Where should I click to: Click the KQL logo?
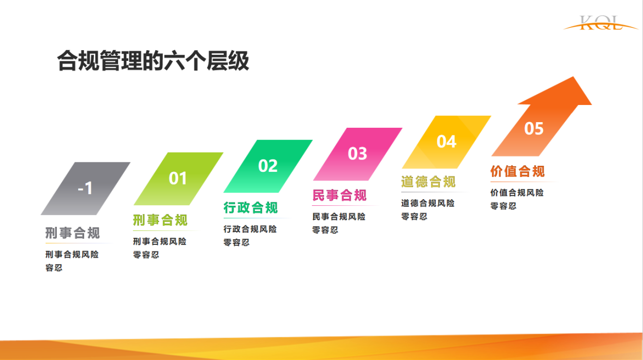600,23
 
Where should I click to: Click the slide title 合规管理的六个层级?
153,60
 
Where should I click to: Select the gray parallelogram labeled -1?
86,189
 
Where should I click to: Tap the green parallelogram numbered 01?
178,178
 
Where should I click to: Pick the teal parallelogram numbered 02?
268,166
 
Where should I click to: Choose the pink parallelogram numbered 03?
358,154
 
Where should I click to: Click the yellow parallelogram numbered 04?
446,142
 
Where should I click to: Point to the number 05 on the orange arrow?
534,128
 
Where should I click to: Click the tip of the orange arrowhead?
574,77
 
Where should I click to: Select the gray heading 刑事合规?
73,233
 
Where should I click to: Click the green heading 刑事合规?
160,220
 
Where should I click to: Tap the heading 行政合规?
251,207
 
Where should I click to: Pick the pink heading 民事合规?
339,195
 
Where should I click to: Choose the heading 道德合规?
428,182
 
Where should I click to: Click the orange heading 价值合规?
518,171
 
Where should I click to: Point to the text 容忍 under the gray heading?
54,268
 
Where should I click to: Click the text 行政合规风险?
250,229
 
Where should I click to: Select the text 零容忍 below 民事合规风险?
325,230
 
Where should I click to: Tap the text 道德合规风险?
427,203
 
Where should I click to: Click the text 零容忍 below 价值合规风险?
503,206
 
